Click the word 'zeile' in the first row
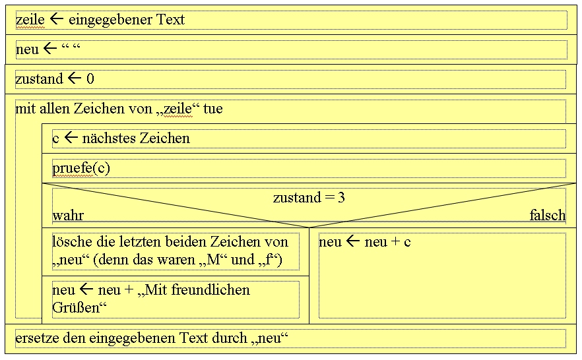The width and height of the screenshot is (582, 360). [x=30, y=20]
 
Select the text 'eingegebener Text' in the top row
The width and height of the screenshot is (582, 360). [x=126, y=20]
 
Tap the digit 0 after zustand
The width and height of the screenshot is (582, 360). [x=90, y=79]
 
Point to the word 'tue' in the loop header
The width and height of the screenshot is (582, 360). [x=213, y=109]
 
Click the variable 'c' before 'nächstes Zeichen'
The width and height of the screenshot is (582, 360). [x=55, y=138]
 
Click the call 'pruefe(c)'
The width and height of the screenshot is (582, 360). [x=81, y=168]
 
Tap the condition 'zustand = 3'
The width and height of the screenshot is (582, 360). [x=309, y=197]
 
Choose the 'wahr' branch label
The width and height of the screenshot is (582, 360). [x=68, y=216]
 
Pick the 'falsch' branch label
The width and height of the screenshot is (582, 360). [x=548, y=216]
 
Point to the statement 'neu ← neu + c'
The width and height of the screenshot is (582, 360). [x=364, y=242]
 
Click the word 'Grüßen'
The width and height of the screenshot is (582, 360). [x=79, y=308]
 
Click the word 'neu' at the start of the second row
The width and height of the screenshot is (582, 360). [x=27, y=49]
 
